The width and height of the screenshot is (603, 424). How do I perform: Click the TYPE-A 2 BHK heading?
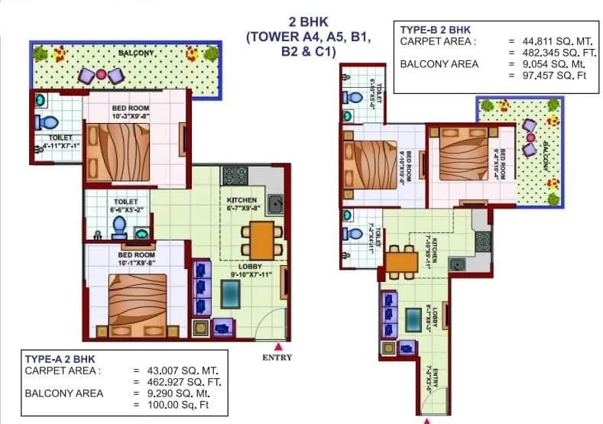coord(60,358)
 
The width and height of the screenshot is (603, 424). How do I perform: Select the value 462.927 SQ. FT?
coord(175,381)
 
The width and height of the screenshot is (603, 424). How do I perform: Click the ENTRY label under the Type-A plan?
coord(277,357)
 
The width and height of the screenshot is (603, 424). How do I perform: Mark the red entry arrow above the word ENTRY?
coord(267,346)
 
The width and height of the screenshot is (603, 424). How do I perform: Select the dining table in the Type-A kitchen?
coord(261,239)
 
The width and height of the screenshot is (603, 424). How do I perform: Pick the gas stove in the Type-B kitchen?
coord(482,241)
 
